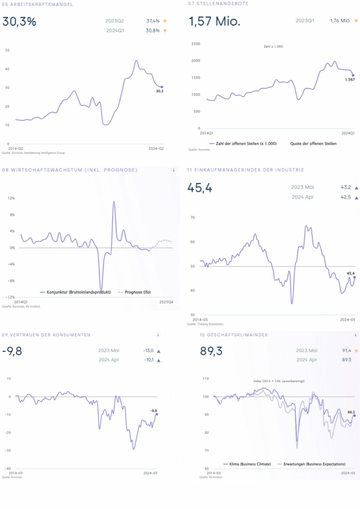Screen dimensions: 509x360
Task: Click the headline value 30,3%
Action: click(x=19, y=22)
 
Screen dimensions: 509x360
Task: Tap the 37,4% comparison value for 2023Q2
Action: click(x=153, y=21)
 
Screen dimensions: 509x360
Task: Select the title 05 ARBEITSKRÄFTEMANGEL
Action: click(x=37, y=4)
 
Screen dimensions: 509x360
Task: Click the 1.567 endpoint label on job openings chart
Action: click(x=350, y=80)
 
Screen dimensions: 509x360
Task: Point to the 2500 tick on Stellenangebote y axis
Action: click(x=196, y=44)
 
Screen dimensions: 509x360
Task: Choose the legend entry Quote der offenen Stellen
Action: click(x=313, y=143)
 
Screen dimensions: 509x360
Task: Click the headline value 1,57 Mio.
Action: click(x=214, y=22)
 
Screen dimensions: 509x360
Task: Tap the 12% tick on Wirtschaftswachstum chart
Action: click(x=11, y=198)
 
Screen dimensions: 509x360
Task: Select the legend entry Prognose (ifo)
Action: click(x=138, y=292)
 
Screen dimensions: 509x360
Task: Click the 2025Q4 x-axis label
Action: click(x=166, y=302)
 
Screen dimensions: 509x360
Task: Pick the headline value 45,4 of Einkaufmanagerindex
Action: click(x=200, y=188)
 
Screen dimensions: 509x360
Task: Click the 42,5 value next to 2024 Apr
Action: click(x=346, y=197)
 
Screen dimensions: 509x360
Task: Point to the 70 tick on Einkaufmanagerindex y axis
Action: click(x=193, y=218)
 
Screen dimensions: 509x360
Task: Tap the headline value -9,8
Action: click(x=12, y=351)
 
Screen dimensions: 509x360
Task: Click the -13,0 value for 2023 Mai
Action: click(x=148, y=351)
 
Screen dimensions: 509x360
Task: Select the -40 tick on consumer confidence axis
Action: click(x=8, y=468)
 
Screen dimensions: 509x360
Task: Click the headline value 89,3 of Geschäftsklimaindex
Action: click(x=211, y=351)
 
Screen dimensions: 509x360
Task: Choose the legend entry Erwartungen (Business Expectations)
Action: click(x=314, y=464)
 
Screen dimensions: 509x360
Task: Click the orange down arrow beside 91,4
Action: click(x=356, y=351)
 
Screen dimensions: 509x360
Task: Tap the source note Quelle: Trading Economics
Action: click(x=206, y=324)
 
